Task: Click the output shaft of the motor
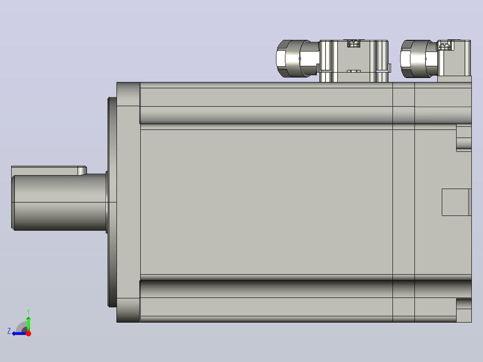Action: [x=59, y=202]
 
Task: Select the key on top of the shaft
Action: [x=49, y=170]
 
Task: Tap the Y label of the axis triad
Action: [x=28, y=311]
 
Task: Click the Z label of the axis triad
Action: [x=9, y=331]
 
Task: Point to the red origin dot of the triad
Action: [x=28, y=333]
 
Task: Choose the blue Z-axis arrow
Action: [x=19, y=333]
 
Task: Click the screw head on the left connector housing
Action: [x=354, y=43]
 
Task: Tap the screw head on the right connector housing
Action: [x=444, y=46]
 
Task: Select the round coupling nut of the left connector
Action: [x=293, y=58]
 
